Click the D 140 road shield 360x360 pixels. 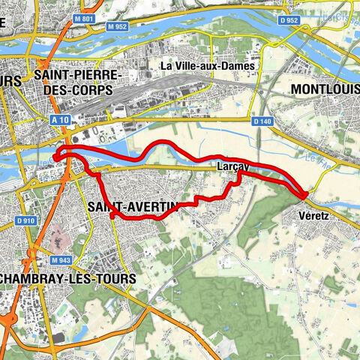coord(262,121)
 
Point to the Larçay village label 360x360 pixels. coord(232,165)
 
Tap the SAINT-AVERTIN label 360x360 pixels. coord(132,205)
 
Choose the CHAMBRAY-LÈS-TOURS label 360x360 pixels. coord(69,278)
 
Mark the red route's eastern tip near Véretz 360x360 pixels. coord(306,195)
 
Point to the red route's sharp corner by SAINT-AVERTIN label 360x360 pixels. coord(112,216)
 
